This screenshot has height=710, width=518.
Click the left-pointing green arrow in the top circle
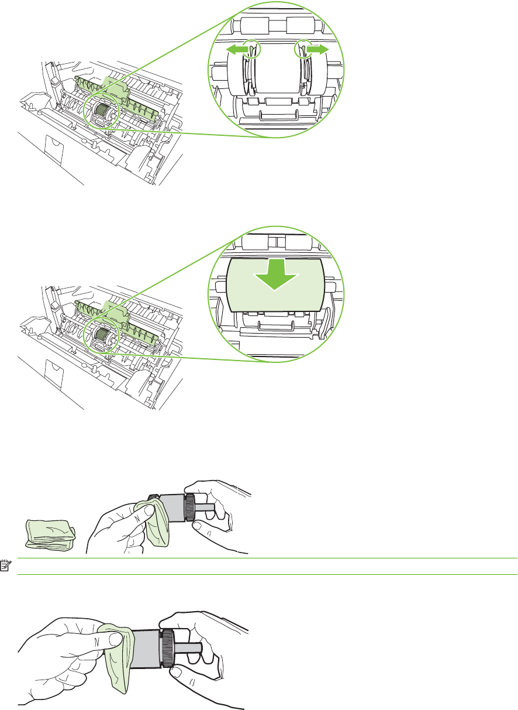click(x=235, y=51)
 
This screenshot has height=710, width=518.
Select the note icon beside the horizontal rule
click(x=6, y=566)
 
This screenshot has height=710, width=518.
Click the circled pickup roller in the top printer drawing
click(x=102, y=109)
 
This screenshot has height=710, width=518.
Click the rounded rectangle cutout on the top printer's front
click(x=53, y=145)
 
